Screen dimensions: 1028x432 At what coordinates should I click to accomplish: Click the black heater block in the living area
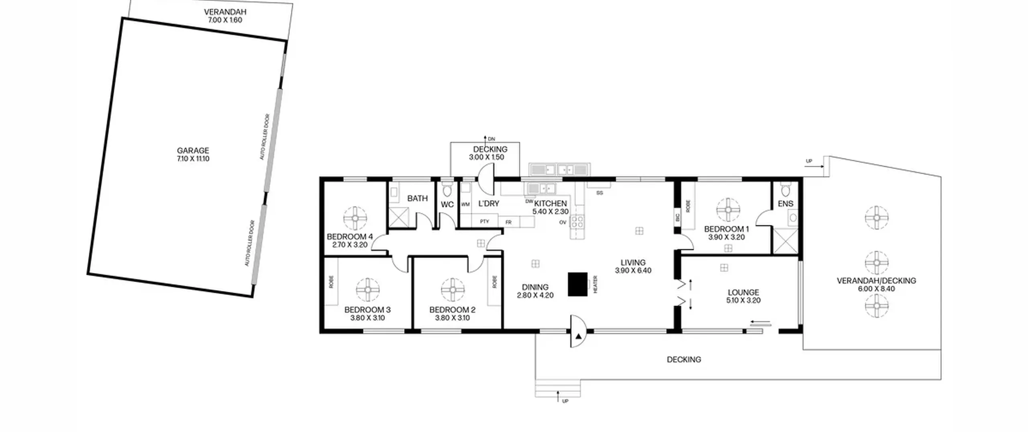pyautogui.click(x=577, y=285)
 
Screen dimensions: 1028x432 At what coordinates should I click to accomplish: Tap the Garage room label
pyautogui.click(x=193, y=150)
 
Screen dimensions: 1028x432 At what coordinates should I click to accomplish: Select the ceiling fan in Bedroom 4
pyautogui.click(x=355, y=218)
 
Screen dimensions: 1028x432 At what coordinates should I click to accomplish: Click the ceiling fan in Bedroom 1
pyautogui.click(x=728, y=210)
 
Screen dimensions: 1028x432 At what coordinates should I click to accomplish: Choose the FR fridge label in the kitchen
pyautogui.click(x=508, y=222)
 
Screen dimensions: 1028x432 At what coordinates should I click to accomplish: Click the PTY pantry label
pyautogui.click(x=485, y=221)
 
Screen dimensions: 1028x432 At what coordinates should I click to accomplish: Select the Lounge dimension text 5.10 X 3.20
pyautogui.click(x=743, y=300)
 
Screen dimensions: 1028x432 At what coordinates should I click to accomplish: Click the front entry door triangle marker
pyautogui.click(x=578, y=336)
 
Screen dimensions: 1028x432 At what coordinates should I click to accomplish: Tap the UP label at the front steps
pyautogui.click(x=565, y=401)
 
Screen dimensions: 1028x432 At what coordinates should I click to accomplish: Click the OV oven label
pyautogui.click(x=563, y=222)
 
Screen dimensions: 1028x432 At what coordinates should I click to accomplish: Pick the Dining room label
pyautogui.click(x=535, y=287)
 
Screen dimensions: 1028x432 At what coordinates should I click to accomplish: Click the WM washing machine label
pyautogui.click(x=465, y=205)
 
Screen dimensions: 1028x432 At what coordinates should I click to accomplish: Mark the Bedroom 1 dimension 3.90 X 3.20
pyautogui.click(x=726, y=237)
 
